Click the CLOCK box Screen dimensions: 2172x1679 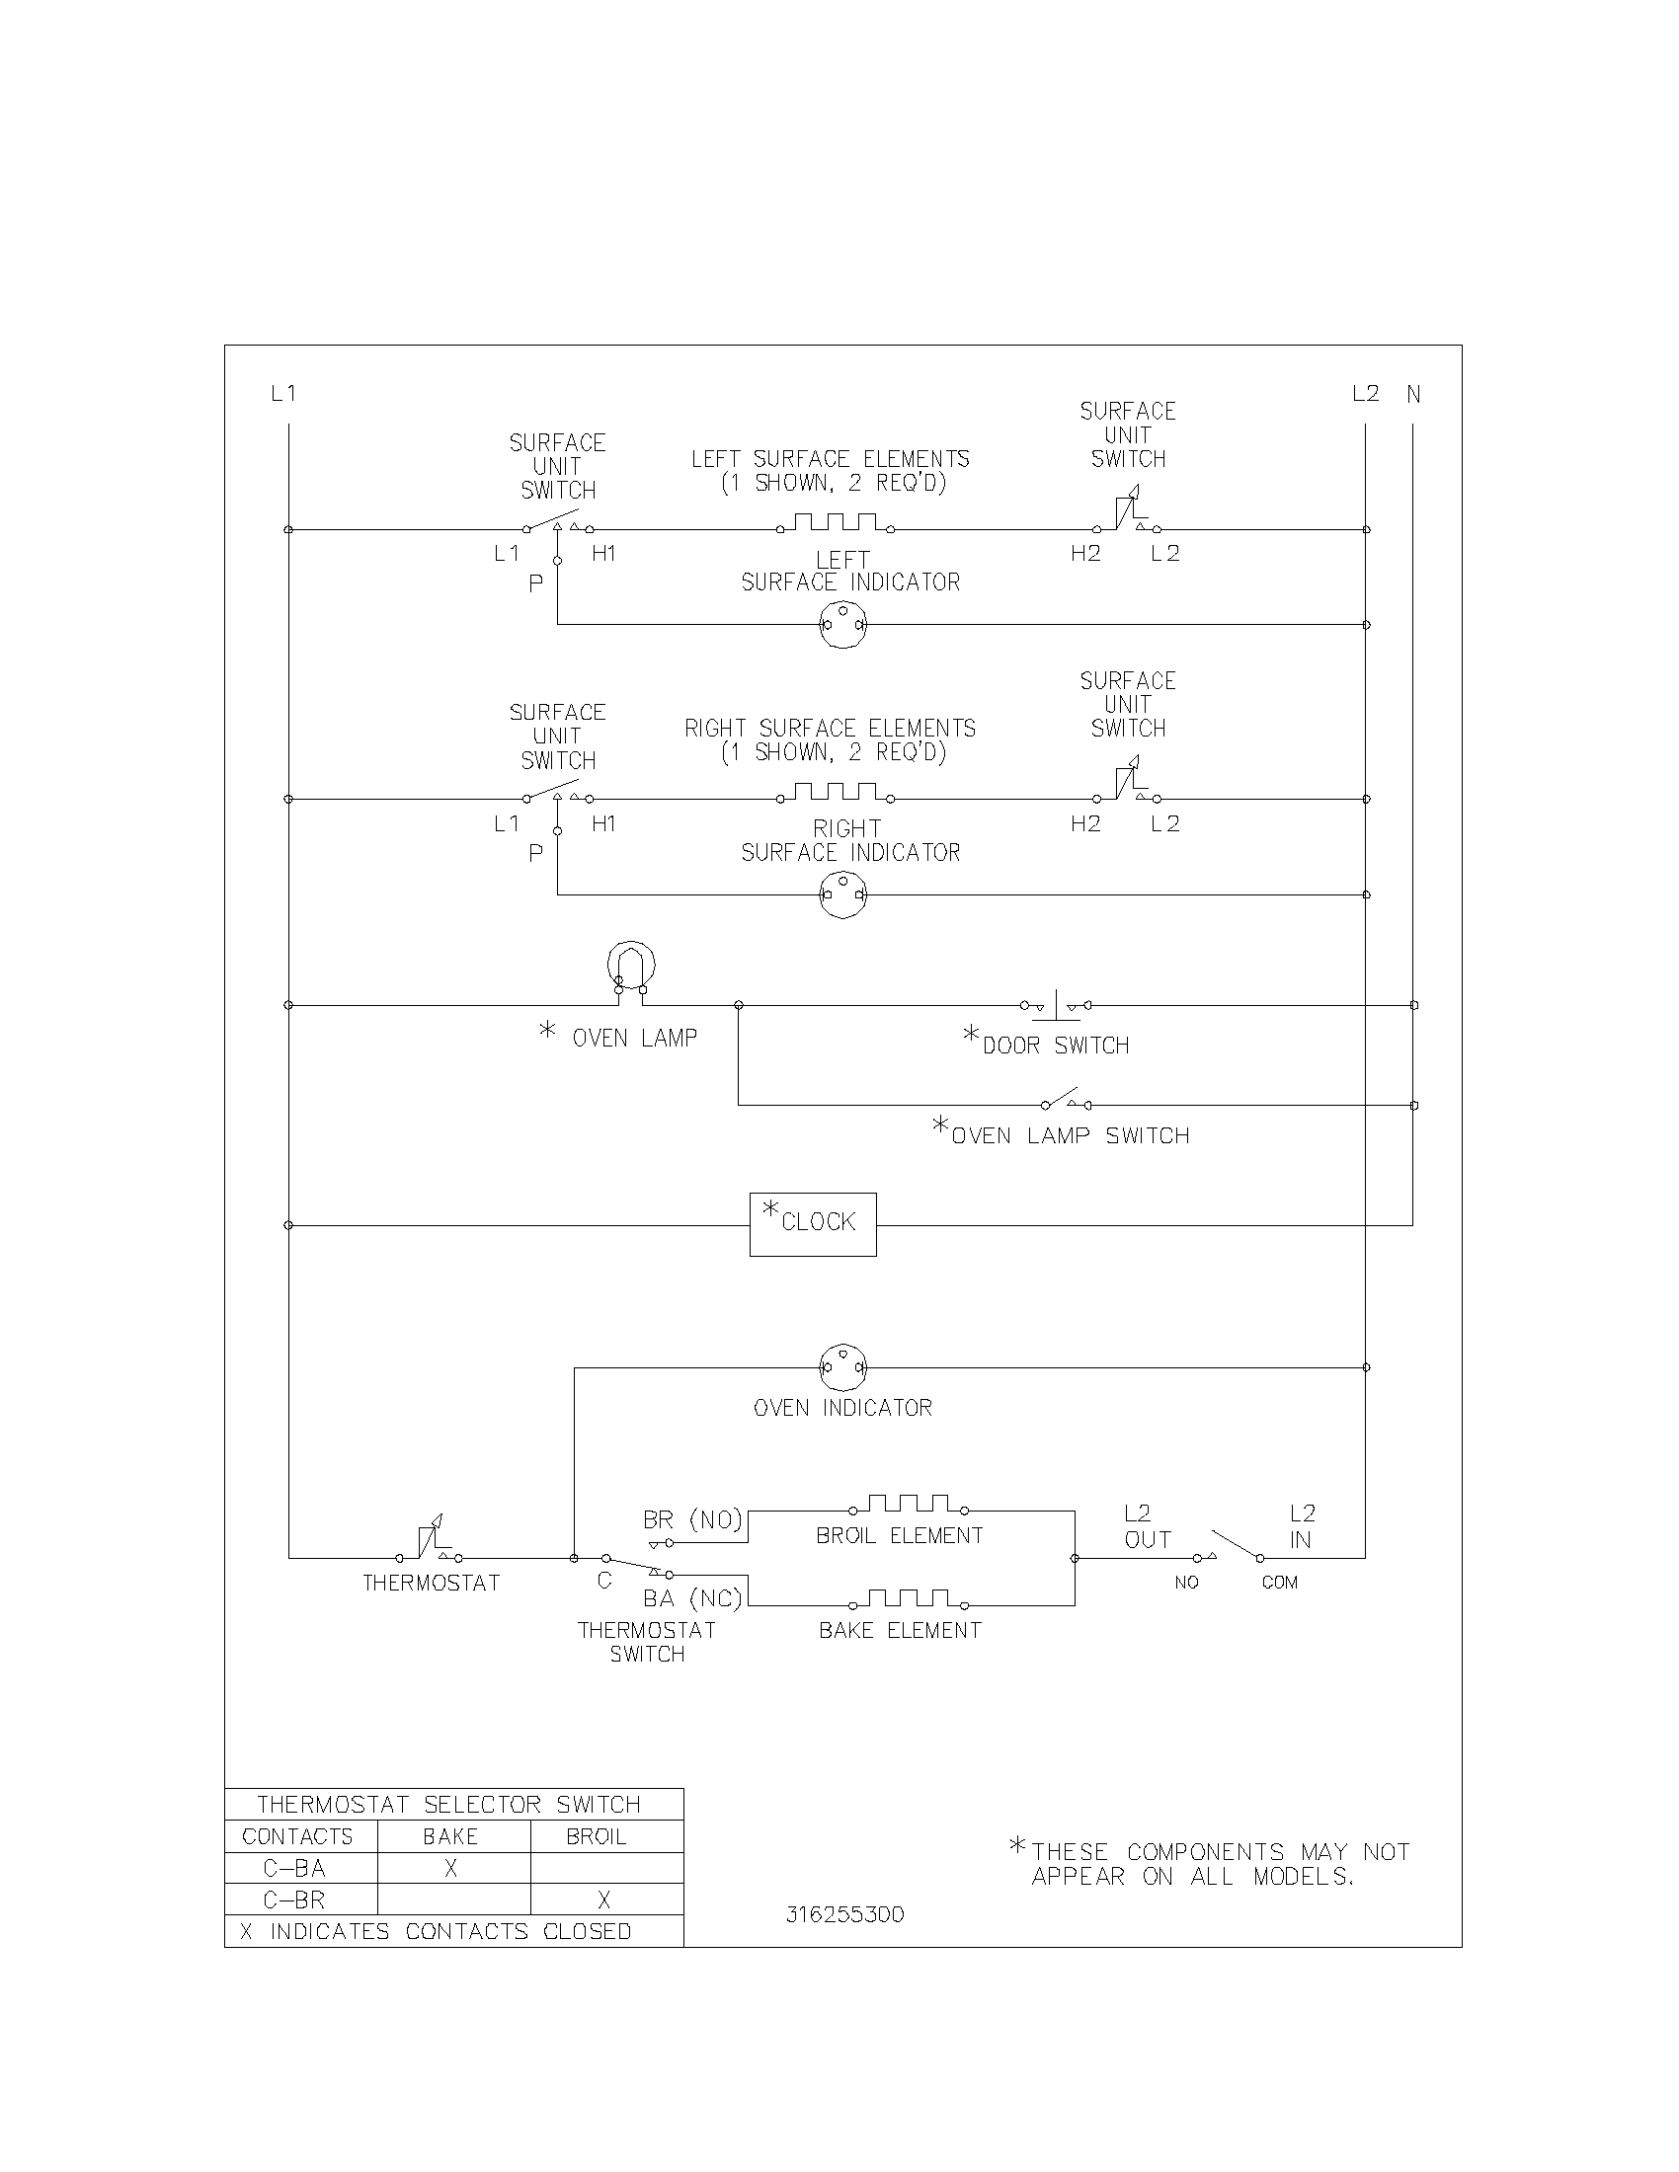813,1224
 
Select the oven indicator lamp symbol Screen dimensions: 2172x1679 842,1368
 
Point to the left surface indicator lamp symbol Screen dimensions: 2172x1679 842,626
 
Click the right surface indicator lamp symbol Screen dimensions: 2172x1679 842,895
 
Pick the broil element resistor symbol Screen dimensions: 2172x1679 907,1506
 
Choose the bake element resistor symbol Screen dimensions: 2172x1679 907,1600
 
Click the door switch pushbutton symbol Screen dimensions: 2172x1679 1056,1005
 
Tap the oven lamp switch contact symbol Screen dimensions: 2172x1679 1066,1101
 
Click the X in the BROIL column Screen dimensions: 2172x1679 603,1900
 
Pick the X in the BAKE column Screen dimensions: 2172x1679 450,1869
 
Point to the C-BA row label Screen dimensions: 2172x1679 294,1869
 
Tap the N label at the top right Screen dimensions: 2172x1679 1413,395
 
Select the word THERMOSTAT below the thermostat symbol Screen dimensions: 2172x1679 431,1584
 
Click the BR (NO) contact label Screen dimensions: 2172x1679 692,1520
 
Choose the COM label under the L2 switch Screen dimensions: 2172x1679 1279,1584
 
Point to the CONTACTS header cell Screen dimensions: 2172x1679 297,1837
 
